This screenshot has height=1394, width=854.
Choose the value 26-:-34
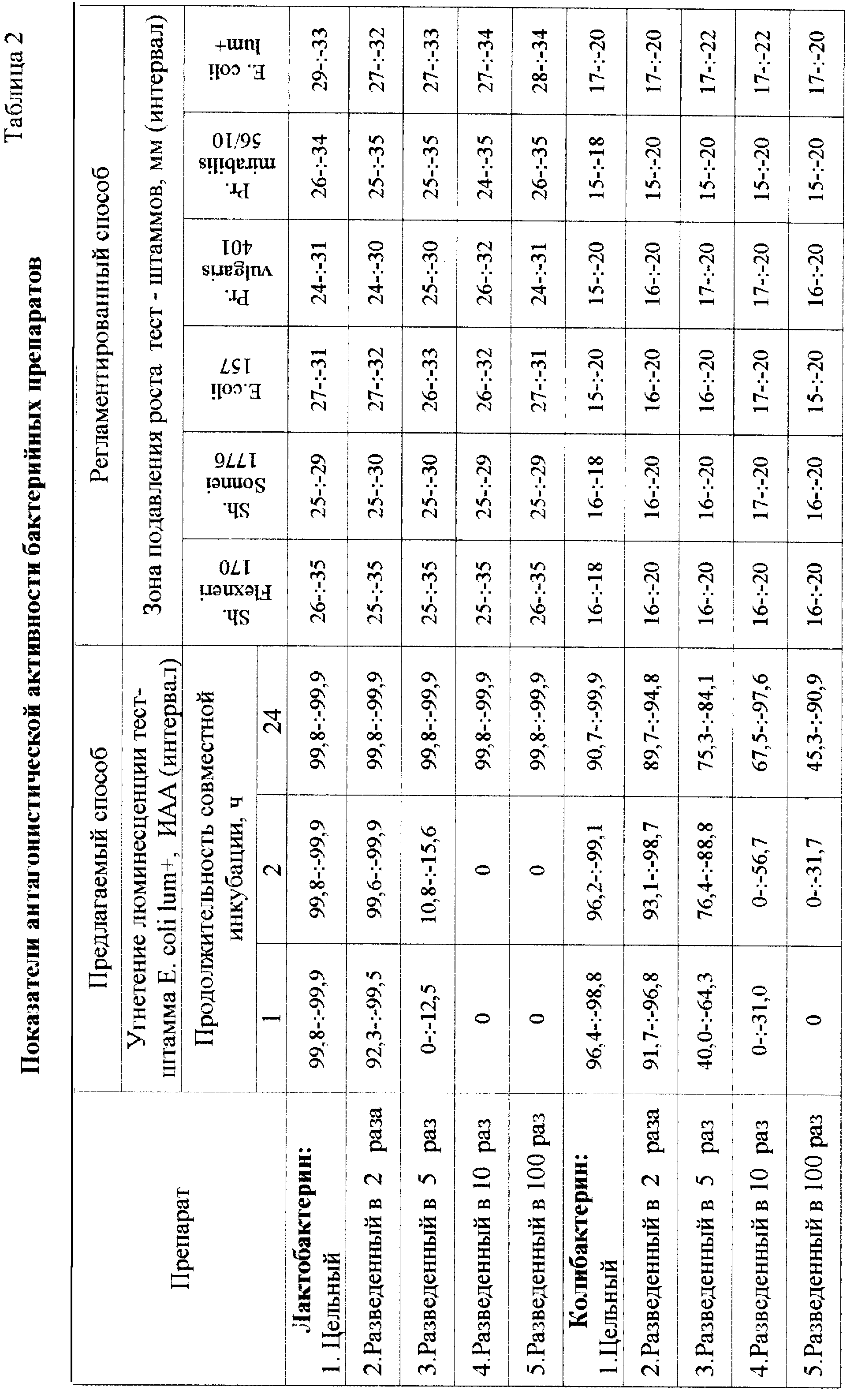[x=318, y=164]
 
